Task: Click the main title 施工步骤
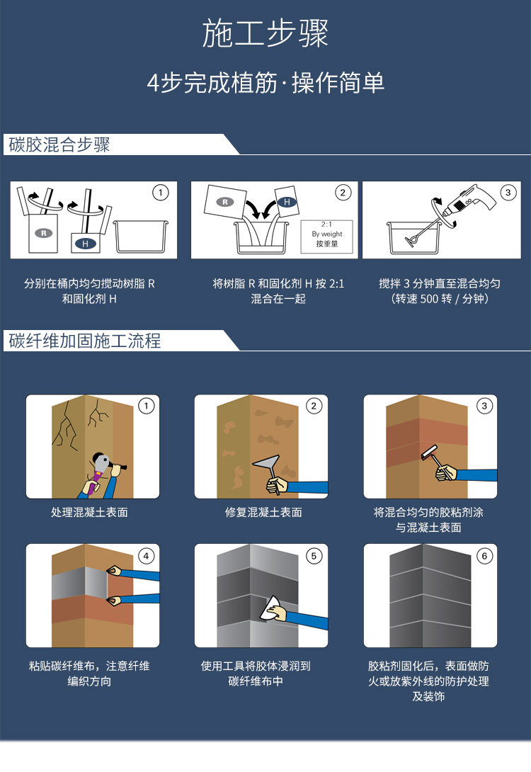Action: [x=265, y=34]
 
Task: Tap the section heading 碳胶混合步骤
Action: [x=59, y=145]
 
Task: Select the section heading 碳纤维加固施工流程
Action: [x=85, y=341]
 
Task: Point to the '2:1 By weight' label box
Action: [x=326, y=234]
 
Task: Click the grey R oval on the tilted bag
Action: [x=225, y=202]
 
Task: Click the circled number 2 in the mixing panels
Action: [x=343, y=192]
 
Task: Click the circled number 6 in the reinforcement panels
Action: [x=484, y=556]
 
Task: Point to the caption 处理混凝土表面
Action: [x=89, y=512]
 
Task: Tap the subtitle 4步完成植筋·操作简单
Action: [x=265, y=83]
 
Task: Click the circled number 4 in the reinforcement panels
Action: [x=147, y=556]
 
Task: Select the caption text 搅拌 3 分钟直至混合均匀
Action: [x=440, y=283]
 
